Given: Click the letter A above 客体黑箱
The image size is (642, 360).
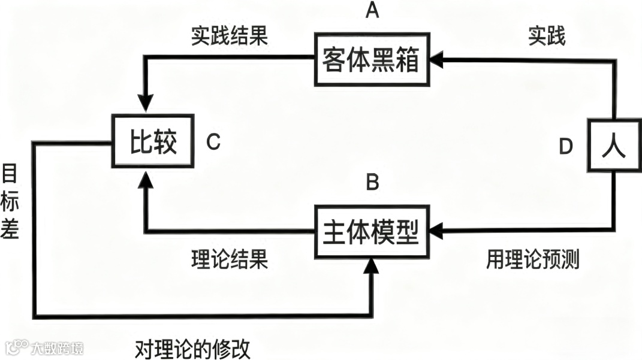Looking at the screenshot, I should (372, 12).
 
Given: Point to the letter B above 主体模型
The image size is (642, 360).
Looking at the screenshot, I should (372, 182).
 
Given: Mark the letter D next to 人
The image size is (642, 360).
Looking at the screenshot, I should (566, 147).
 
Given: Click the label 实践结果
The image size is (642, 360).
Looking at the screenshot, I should (230, 37).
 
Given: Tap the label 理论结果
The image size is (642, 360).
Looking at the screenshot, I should (230, 260).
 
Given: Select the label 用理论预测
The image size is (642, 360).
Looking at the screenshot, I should (532, 260).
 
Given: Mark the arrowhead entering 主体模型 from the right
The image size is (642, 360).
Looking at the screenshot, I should (439, 229).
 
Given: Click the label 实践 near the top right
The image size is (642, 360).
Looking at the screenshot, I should (546, 37).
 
